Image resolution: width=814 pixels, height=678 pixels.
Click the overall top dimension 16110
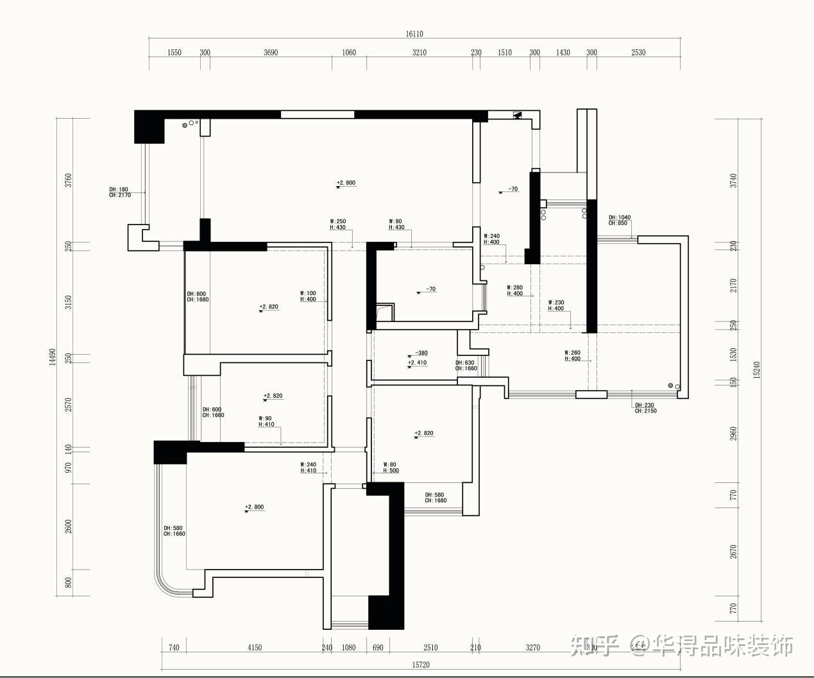coord(414,34)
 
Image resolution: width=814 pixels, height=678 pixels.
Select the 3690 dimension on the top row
coord(271,53)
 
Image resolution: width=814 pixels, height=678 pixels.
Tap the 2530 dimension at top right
coord(638,53)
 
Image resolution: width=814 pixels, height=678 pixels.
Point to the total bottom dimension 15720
coord(420,665)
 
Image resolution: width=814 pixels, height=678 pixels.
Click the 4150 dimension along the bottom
coord(255,648)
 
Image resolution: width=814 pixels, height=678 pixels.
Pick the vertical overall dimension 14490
coord(53,357)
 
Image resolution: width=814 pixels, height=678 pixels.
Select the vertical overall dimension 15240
coord(757,370)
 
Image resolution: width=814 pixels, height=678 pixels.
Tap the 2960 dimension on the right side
coord(734,434)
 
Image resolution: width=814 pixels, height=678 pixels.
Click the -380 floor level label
coord(420,353)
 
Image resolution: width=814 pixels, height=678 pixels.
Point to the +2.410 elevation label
coord(417,363)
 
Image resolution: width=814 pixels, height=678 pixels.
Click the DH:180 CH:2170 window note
coord(120,192)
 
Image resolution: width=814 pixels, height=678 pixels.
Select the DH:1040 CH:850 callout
coord(620,220)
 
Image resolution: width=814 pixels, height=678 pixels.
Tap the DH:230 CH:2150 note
coord(646,408)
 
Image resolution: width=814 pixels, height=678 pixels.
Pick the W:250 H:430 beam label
coord(338,225)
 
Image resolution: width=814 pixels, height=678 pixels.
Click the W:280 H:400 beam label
coord(515,291)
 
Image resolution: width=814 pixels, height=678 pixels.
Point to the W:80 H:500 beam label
coord(391,468)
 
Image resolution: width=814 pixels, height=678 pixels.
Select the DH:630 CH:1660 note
coord(466,366)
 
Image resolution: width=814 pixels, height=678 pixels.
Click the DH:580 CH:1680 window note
coord(436,498)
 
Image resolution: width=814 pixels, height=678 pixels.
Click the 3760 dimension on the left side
coord(69,180)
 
